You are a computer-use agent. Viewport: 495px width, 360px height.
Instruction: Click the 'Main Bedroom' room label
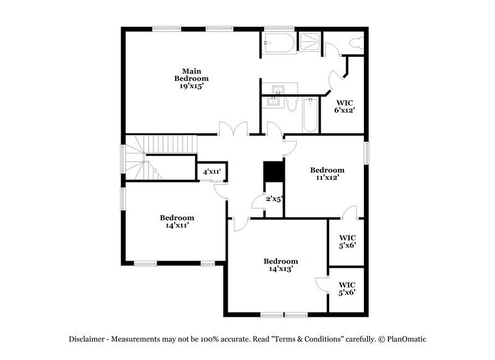pos(191,74)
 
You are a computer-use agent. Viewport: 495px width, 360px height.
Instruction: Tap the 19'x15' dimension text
pos(191,87)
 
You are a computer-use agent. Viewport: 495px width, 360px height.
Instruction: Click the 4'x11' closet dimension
pos(210,171)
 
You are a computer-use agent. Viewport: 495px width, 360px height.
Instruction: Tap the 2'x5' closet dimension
pos(274,199)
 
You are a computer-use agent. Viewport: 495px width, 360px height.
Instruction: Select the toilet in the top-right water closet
pos(356,43)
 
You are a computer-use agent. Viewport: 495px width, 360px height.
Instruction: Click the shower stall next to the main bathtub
pos(309,42)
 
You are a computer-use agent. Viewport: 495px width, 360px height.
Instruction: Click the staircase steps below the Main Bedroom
pos(170,145)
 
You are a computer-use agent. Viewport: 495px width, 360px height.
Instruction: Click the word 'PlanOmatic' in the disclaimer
pos(407,339)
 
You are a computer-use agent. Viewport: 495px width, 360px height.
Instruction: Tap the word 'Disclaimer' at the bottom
pos(87,339)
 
